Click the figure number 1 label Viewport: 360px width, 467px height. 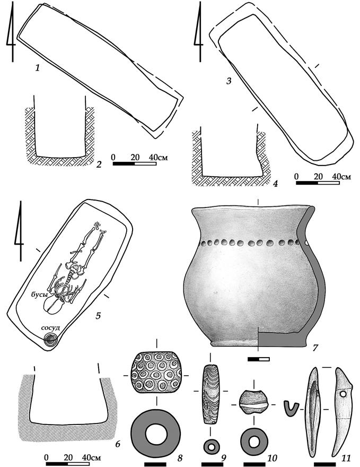[37, 68]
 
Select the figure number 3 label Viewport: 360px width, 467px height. [229, 81]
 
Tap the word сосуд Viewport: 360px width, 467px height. [50, 328]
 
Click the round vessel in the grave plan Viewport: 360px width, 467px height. [50, 340]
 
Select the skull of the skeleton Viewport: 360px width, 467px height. [54, 306]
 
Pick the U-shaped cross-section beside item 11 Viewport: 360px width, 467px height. [291, 409]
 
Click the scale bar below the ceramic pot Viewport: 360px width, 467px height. [259, 359]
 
